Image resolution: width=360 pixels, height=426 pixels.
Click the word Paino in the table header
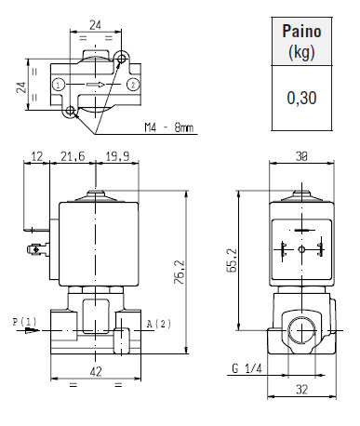[x=301, y=32]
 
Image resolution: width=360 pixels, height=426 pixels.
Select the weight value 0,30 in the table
[x=301, y=98]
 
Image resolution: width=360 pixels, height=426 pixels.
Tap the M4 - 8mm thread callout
[x=168, y=127]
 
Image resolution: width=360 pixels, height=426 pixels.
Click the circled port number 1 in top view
[x=59, y=85]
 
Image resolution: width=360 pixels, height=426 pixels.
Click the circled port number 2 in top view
[x=133, y=85]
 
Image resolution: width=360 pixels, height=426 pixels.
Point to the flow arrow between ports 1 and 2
[x=96, y=85]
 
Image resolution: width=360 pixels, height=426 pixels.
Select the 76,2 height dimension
[x=180, y=272]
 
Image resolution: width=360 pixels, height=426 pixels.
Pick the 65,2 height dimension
[x=232, y=260]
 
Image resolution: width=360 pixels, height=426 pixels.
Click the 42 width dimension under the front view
[x=96, y=371]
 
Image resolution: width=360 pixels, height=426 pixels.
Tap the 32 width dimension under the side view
[x=301, y=389]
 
